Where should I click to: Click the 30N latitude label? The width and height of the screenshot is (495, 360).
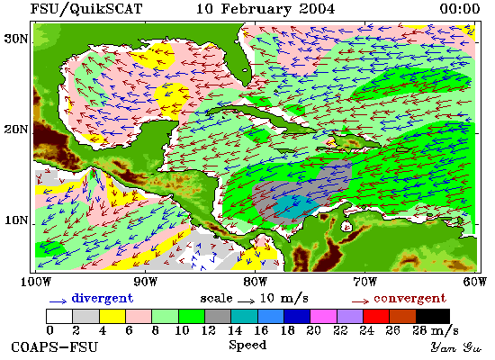[16, 39]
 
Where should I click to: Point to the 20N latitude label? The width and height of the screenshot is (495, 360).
[16, 130]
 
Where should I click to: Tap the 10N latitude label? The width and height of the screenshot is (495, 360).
[16, 220]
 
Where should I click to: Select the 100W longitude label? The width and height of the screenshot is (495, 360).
[36, 282]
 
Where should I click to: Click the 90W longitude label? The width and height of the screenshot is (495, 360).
[145, 282]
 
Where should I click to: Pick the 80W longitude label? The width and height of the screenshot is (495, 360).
[255, 282]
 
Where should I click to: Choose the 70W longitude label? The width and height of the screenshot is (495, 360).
[364, 282]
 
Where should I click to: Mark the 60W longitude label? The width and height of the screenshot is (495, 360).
[475, 282]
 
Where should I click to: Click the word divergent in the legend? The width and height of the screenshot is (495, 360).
[103, 299]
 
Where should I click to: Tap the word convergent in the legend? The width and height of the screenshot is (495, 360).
[410, 299]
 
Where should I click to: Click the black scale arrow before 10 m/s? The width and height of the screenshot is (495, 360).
[247, 301]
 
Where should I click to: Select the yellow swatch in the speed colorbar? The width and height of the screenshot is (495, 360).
[112, 316]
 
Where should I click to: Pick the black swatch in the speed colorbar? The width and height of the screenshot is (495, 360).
[433, 316]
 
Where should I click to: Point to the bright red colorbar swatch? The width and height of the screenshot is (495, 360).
[376, 316]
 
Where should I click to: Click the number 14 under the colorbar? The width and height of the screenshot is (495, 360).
[235, 330]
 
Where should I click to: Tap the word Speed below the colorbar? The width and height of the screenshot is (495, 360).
[247, 345]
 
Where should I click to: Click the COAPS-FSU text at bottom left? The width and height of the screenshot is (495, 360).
[55, 347]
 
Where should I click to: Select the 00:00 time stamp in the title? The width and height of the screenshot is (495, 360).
[460, 9]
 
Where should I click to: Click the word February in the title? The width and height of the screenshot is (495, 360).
[256, 9]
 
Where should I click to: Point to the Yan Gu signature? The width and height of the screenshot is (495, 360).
[456, 347]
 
